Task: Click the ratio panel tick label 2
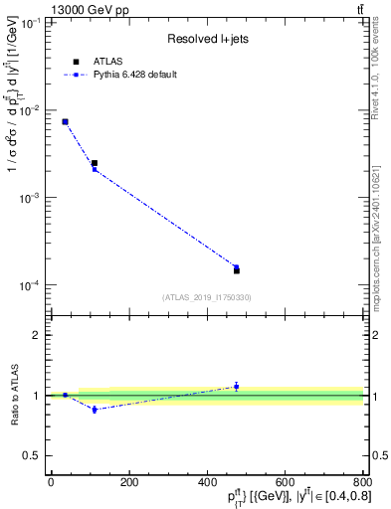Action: (x=37, y=335)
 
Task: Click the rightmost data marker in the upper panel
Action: (x=237, y=269)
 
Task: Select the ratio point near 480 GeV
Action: (x=237, y=386)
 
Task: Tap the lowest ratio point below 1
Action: (x=95, y=409)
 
